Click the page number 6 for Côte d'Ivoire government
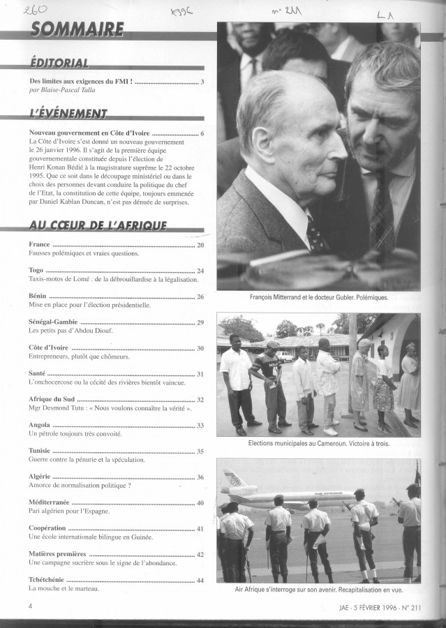point(202,133)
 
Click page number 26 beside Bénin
point(200,297)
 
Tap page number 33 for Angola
point(200,425)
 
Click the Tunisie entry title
point(40,451)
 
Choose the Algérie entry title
point(39,477)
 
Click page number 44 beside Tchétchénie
point(200,580)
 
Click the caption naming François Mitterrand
point(318,297)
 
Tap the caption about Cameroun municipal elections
point(318,443)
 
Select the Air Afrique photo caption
point(318,590)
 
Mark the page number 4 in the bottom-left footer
point(31,606)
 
